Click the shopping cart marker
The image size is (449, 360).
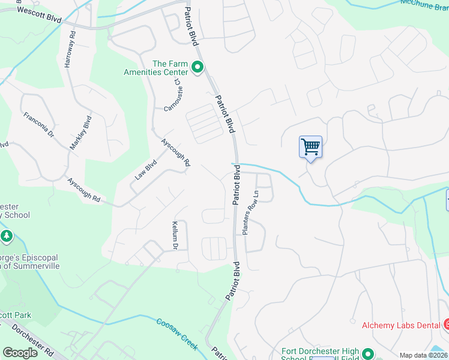coord(310,146)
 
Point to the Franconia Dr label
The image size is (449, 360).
coord(39,125)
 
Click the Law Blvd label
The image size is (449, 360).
coord(145,169)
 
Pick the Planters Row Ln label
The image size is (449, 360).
coord(251,212)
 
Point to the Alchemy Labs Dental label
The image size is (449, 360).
coord(400,325)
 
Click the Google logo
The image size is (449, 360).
coord(20,353)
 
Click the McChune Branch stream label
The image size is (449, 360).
coord(424,4)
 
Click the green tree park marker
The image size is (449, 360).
coord(7,236)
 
